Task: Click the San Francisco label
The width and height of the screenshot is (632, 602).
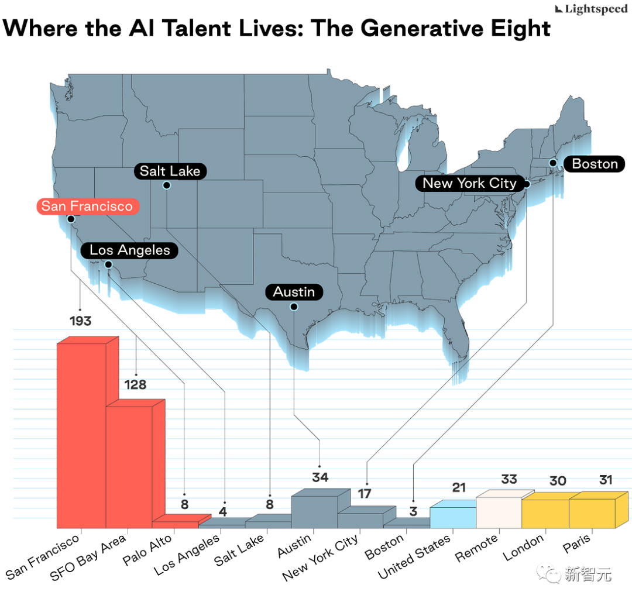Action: pos(87,207)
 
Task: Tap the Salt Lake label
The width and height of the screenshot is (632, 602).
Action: pos(170,171)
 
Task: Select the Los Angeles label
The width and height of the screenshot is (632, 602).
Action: pos(130,250)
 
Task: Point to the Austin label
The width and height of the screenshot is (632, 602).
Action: pos(294,292)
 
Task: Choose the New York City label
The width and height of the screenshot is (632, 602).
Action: pos(469,183)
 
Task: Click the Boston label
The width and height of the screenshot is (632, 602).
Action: pos(595,164)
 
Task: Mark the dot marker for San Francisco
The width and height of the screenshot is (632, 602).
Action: pos(71,219)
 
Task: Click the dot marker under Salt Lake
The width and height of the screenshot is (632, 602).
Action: pos(166,185)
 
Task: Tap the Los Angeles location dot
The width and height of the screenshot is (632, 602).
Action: pos(108,264)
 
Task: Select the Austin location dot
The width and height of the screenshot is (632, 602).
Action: pos(294,307)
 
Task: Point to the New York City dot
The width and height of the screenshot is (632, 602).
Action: pos(526,184)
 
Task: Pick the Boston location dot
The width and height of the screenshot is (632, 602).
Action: pos(552,162)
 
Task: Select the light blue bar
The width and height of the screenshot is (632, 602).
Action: pos(453,515)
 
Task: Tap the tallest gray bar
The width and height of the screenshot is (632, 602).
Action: pos(314,510)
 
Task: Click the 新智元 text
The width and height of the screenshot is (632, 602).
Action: pos(588,574)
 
